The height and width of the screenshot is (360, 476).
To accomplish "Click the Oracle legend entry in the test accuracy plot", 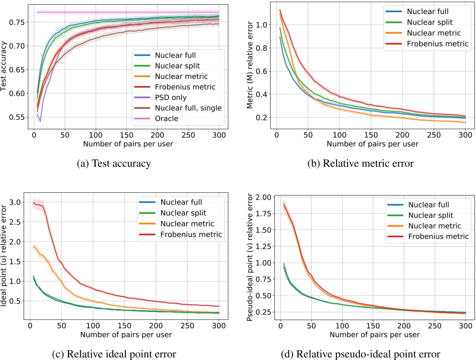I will click(x=166, y=119).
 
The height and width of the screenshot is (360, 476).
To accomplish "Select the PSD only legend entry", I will click(x=171, y=97).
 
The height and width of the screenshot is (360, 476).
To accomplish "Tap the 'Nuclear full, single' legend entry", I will click(x=188, y=108).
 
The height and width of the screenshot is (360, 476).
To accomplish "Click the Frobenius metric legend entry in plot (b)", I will click(x=437, y=44).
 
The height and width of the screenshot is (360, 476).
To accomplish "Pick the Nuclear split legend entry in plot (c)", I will click(x=183, y=213).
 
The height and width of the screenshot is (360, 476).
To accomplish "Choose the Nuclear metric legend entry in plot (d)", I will click(x=435, y=226).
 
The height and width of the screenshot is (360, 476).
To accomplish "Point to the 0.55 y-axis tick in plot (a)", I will click(x=17, y=117).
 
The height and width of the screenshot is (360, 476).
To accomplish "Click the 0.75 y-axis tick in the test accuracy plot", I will click(x=17, y=22).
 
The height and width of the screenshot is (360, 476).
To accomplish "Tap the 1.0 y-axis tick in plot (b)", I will click(x=262, y=25).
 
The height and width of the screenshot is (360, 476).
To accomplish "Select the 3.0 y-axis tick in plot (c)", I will click(x=15, y=202).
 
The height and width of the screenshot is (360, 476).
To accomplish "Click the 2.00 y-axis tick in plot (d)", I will click(x=264, y=197).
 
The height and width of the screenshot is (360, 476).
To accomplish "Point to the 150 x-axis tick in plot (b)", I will click(x=371, y=135).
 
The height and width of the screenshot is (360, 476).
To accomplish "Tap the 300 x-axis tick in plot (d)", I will click(x=465, y=326).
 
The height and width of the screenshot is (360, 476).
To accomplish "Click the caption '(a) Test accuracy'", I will click(x=114, y=164).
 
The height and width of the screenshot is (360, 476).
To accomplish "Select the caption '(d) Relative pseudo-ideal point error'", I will click(x=360, y=354).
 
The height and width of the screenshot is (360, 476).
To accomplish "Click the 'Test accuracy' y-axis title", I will click(x=4, y=66).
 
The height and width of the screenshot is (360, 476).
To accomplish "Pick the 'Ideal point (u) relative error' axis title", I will click(x=4, y=256).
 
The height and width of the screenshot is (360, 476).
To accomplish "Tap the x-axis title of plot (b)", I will click(x=372, y=144).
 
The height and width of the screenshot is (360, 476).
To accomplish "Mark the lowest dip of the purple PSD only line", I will click(x=40, y=121).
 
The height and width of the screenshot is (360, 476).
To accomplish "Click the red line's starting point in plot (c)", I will click(x=33, y=202).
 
